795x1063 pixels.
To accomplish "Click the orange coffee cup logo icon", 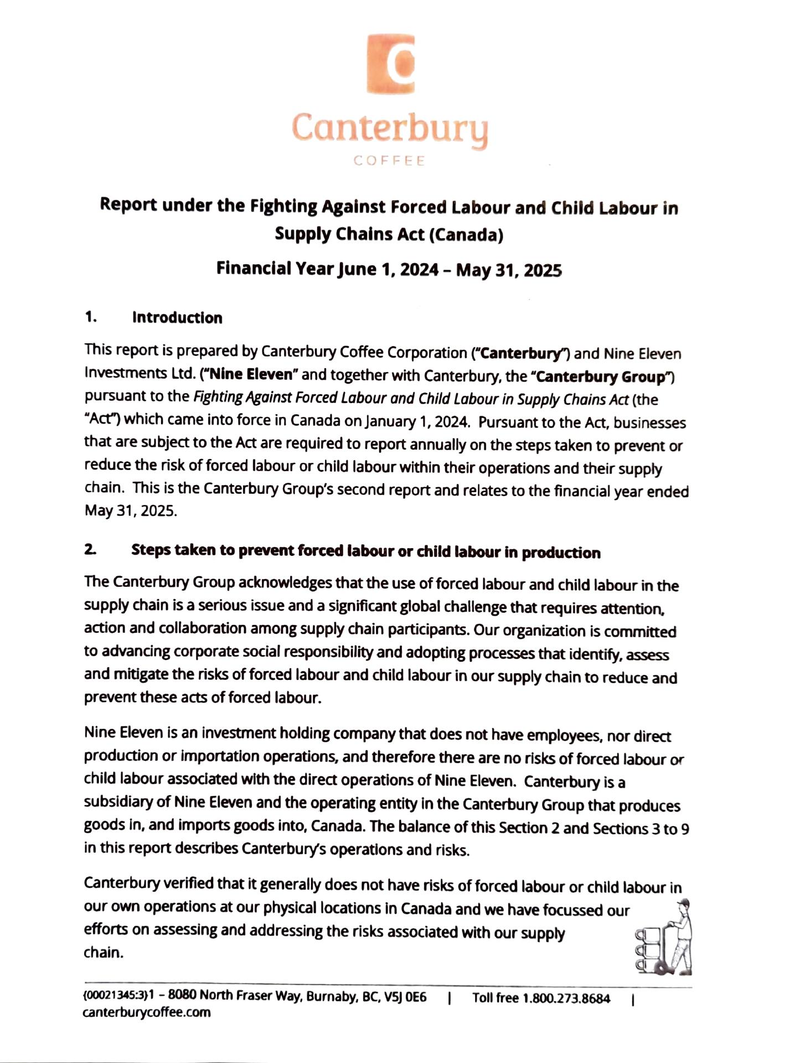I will (x=391, y=63).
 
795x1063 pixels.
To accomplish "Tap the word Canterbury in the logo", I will (x=390, y=128).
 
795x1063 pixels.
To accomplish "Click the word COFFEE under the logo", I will (x=390, y=161).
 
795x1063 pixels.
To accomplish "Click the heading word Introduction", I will (x=177, y=318).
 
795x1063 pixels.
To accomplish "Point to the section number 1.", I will (x=91, y=317).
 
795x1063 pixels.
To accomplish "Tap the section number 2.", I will (x=90, y=550).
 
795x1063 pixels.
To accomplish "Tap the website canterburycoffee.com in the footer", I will (x=147, y=1013).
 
